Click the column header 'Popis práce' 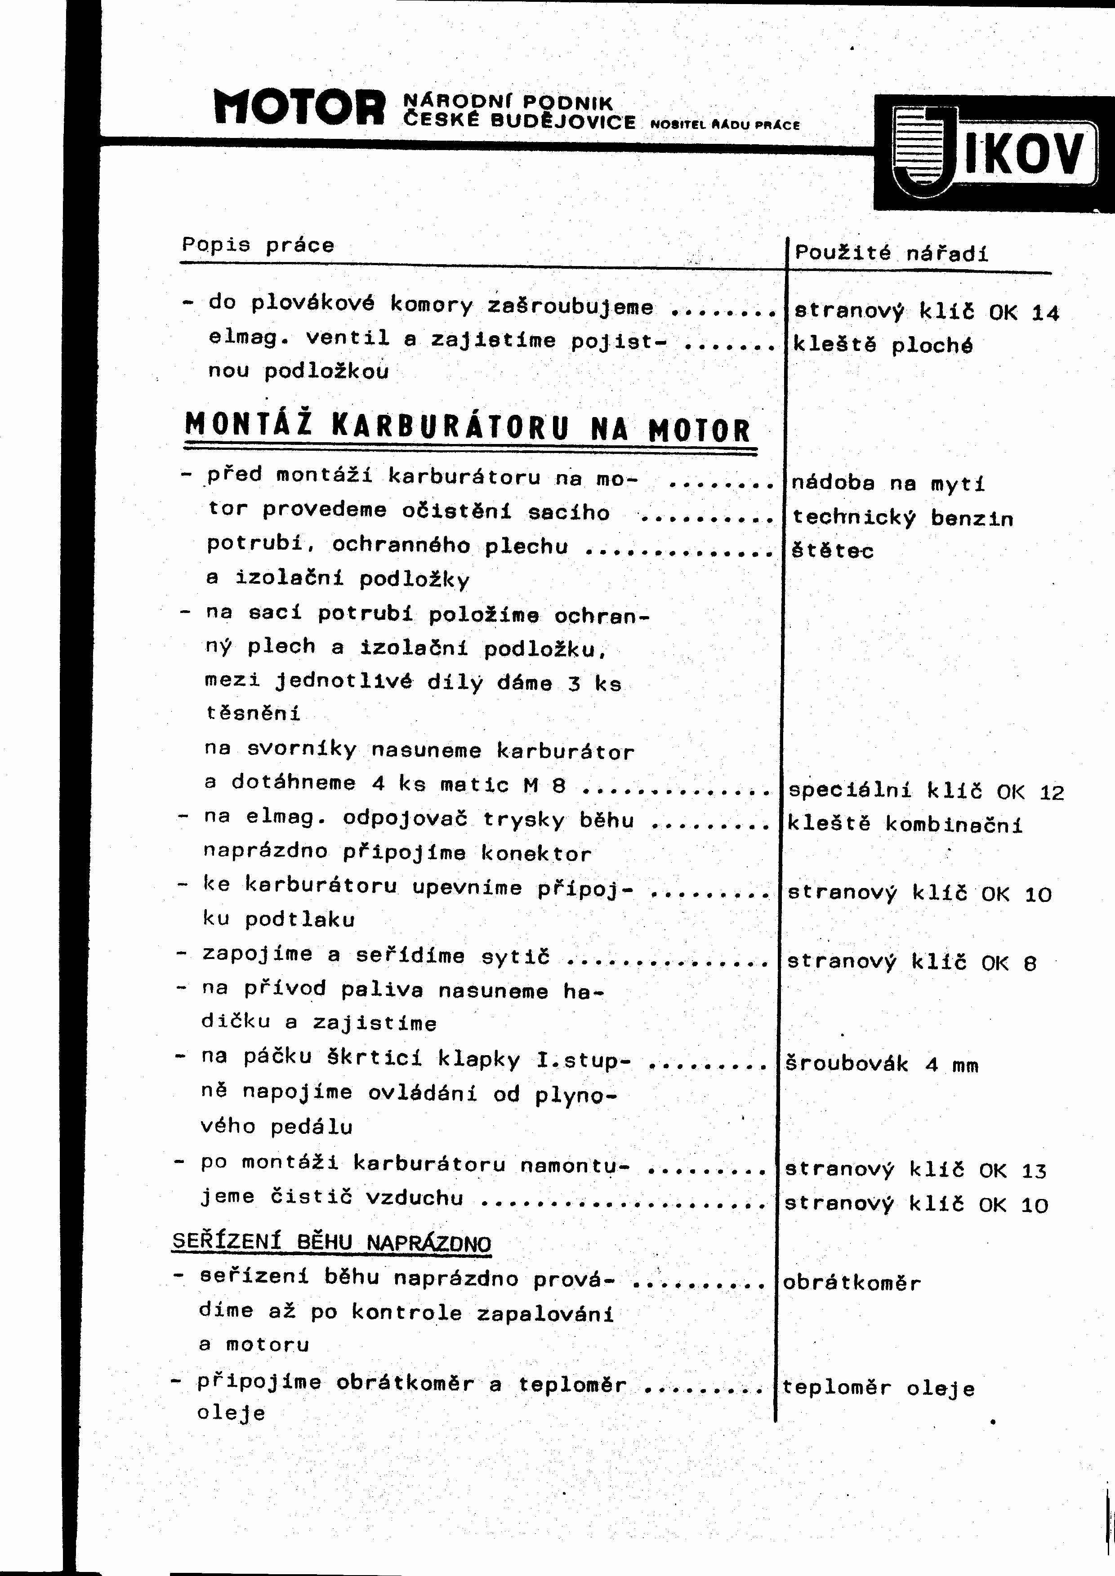[x=258, y=245]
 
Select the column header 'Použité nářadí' [x=891, y=253]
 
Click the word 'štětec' [x=832, y=550]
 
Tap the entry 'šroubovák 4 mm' [x=882, y=1065]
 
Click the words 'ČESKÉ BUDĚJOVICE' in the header [x=519, y=122]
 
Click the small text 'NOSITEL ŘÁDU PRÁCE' [x=724, y=126]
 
